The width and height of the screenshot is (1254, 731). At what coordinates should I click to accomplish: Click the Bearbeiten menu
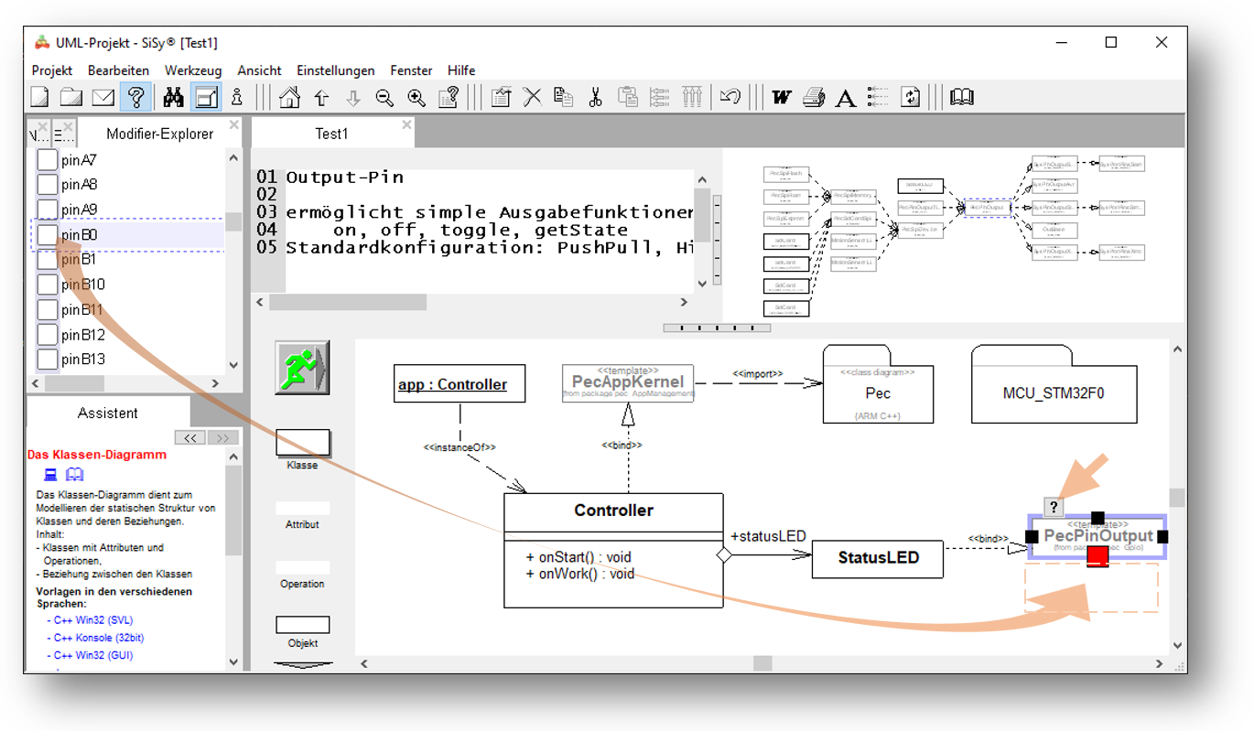click(118, 70)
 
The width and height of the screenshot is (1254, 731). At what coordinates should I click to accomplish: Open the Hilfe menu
click(461, 70)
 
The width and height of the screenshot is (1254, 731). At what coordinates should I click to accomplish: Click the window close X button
click(1161, 42)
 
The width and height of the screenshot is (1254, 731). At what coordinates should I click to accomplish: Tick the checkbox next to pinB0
click(47, 235)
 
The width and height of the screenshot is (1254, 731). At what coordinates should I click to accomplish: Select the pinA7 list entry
click(79, 160)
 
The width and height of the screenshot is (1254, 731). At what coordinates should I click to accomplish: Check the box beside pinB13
click(47, 360)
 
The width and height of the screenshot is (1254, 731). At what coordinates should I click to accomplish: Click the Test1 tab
click(331, 134)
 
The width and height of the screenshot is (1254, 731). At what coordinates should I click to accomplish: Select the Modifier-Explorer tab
click(159, 134)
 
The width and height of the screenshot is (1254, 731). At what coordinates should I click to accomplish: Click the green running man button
click(302, 368)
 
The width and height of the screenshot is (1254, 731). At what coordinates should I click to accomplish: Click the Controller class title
click(613, 510)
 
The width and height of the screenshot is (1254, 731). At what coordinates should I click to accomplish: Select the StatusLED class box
click(877, 557)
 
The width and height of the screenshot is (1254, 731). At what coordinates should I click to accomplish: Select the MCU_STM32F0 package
click(1054, 392)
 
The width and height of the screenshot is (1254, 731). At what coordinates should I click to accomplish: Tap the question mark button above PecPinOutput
click(1054, 507)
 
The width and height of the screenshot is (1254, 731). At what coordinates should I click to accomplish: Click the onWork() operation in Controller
click(579, 574)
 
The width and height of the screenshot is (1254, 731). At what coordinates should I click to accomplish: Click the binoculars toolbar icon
click(173, 97)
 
